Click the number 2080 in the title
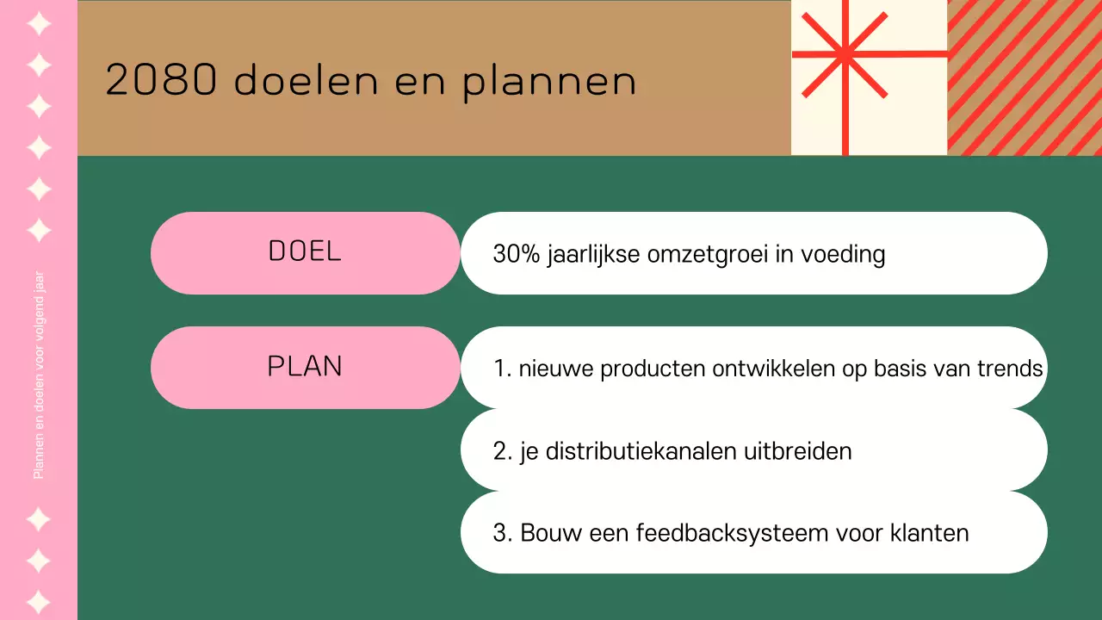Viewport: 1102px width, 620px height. point(160,81)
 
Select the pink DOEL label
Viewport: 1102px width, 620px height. point(305,251)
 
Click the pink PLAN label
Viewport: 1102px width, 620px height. point(305,367)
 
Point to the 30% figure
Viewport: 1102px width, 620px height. point(516,255)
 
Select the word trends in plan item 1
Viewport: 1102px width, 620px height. point(1009,369)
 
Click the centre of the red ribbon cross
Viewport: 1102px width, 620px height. point(845,55)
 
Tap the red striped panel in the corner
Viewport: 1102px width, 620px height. point(1025,77)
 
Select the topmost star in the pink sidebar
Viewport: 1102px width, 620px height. point(39,23)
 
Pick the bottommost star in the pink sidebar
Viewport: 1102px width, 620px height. point(39,601)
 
